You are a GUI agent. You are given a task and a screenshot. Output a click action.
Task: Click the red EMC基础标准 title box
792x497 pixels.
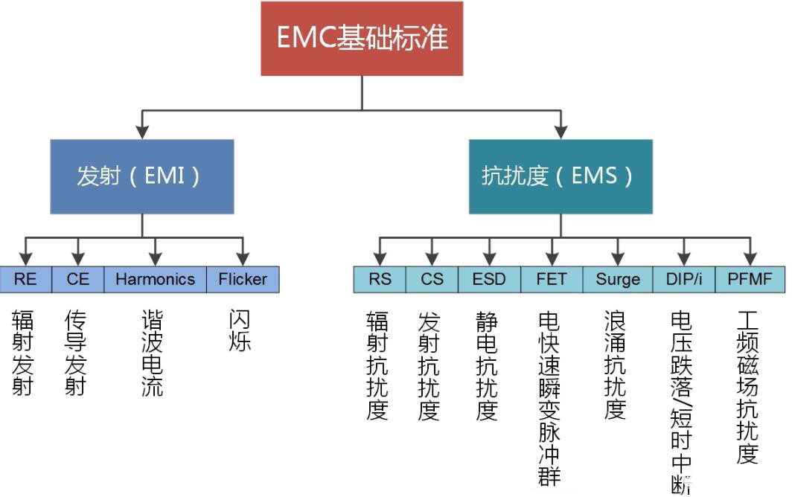(x=362, y=39)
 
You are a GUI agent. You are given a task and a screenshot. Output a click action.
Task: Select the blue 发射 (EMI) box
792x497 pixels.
(x=142, y=176)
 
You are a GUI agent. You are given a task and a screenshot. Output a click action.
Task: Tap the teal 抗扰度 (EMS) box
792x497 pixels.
(x=560, y=176)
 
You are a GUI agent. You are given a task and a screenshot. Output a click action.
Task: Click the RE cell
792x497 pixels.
(x=25, y=279)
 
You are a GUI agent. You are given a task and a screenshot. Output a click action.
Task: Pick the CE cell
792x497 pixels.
(x=77, y=279)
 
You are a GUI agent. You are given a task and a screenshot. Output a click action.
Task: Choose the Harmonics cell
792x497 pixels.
(x=155, y=279)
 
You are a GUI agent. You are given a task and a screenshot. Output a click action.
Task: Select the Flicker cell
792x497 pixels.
(x=243, y=279)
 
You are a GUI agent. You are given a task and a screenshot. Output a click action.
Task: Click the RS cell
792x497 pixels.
(x=380, y=279)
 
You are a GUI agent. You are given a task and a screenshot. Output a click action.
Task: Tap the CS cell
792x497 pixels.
(x=432, y=279)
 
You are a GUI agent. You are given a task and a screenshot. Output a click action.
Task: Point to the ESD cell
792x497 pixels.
(x=489, y=279)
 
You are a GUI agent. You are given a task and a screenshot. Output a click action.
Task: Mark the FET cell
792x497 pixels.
(x=552, y=279)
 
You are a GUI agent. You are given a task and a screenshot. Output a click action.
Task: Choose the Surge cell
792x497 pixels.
(x=617, y=279)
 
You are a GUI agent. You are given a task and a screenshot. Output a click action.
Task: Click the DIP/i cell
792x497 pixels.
(x=683, y=279)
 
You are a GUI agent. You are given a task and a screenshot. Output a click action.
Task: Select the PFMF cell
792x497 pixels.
(x=750, y=279)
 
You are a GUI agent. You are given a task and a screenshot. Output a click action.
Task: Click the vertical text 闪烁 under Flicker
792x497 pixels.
(x=240, y=330)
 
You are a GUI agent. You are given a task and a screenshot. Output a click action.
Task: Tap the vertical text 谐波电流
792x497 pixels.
(x=152, y=353)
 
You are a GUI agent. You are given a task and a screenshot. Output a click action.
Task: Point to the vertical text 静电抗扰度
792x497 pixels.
(x=487, y=365)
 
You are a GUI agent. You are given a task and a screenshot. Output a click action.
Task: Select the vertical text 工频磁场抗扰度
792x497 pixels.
(x=747, y=387)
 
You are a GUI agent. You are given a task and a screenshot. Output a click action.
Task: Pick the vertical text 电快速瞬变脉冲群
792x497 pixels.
(x=549, y=398)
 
